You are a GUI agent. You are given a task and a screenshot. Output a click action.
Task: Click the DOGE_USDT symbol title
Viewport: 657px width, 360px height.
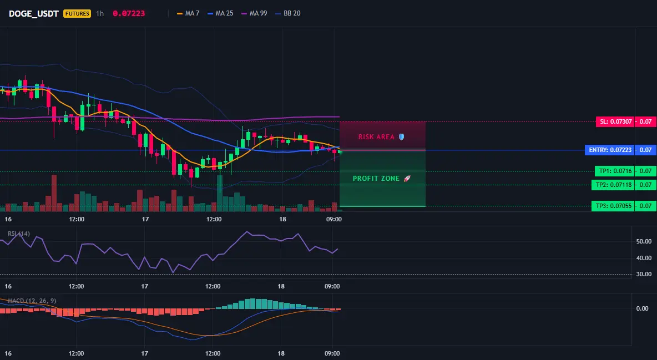pos(33,13)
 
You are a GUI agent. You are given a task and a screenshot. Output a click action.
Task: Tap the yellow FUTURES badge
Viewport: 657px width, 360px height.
pos(77,13)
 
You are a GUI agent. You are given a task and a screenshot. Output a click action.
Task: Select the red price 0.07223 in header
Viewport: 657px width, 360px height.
pos(129,13)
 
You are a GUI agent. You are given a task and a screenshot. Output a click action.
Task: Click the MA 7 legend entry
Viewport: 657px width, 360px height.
pos(188,13)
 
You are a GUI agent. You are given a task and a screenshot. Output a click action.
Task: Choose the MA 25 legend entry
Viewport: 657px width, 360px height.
pos(220,13)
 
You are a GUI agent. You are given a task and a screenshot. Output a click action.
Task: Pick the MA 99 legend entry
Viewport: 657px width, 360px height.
pos(254,13)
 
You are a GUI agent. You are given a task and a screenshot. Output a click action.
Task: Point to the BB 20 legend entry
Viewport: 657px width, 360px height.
pos(288,13)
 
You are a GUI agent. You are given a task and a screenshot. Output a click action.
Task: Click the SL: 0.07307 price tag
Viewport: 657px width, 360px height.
pos(615,121)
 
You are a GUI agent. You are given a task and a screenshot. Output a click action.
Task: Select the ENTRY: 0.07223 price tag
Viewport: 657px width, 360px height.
pos(610,150)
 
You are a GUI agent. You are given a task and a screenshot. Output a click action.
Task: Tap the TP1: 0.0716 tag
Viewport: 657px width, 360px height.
pos(615,171)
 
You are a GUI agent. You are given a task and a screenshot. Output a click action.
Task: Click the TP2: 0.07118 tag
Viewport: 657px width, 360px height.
pos(613,185)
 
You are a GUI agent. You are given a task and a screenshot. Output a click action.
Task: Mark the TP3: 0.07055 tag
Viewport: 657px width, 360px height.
pos(613,206)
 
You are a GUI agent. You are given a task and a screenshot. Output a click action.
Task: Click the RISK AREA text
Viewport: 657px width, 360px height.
pos(376,136)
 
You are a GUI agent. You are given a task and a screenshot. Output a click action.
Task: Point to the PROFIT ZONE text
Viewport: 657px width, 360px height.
pos(376,179)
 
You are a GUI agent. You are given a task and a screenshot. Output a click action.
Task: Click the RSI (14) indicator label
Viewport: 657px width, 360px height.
pos(19,234)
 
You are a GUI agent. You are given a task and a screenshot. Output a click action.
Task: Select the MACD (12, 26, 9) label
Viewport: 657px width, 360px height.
pos(32,301)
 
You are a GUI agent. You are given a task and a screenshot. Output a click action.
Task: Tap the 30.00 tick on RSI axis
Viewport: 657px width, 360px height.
pos(644,274)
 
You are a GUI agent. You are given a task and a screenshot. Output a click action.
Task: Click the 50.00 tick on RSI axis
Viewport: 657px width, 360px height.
pos(644,241)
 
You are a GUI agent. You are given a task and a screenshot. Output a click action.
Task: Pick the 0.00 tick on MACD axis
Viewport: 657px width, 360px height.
pos(643,308)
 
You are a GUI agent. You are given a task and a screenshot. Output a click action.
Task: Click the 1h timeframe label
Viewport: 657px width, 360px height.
pos(100,13)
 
